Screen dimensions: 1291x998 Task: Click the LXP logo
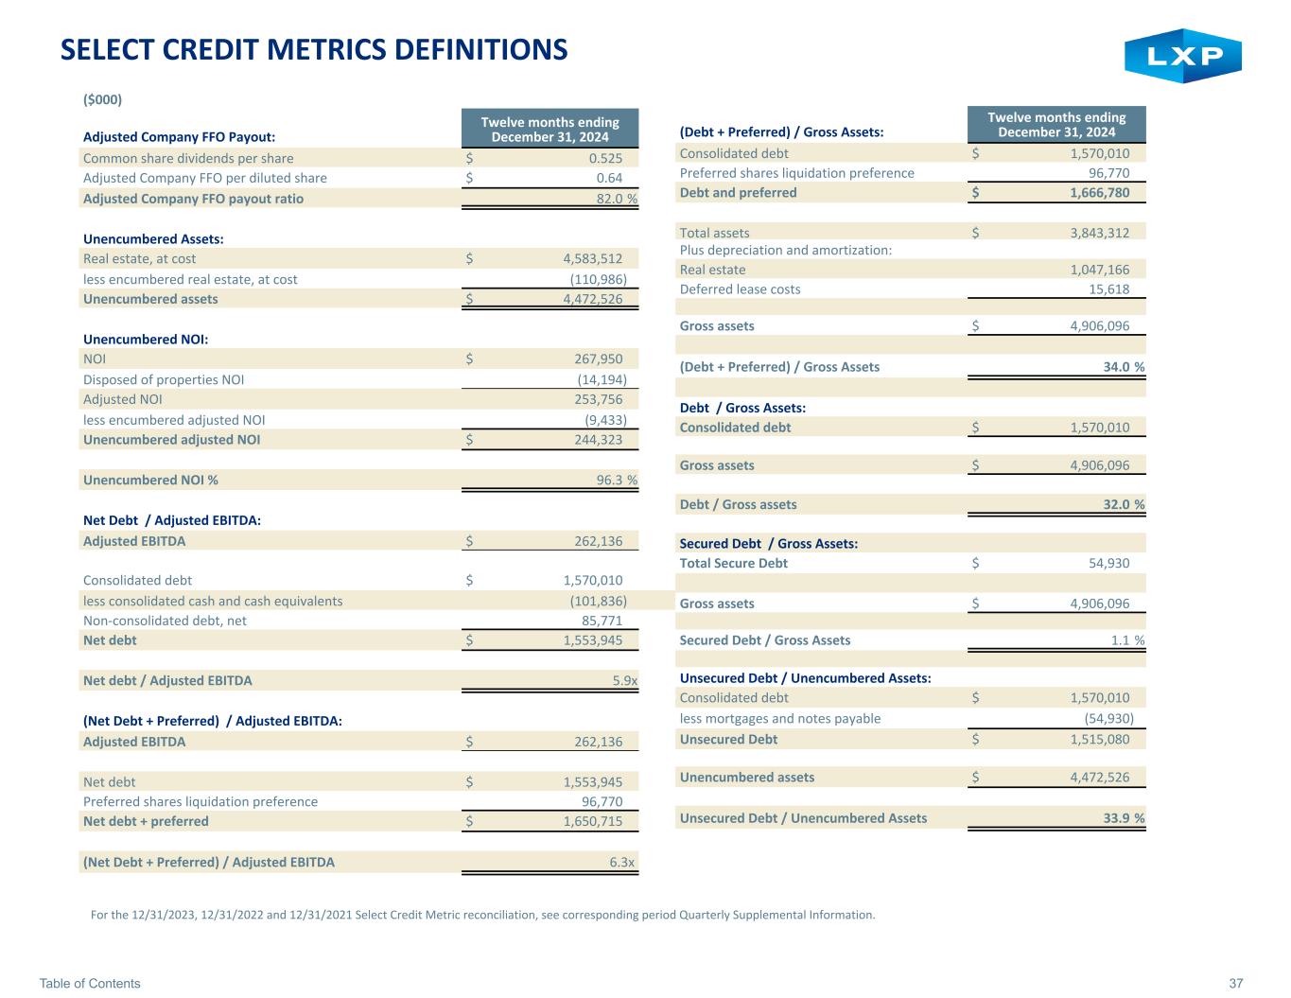pyautogui.click(x=1182, y=55)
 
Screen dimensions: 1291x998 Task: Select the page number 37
pyautogui.click(x=1236, y=983)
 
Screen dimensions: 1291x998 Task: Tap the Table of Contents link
pyautogui.click(x=90, y=983)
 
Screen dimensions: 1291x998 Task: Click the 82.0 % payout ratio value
pyautogui.click(x=617, y=199)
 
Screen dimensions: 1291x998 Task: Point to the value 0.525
pyautogui.click(x=605, y=158)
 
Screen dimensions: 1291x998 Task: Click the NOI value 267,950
pyautogui.click(x=599, y=359)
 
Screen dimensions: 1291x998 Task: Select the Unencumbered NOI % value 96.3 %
pyautogui.click(x=617, y=480)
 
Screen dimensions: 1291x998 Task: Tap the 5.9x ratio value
pyautogui.click(x=625, y=680)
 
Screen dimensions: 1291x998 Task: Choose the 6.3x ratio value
pyautogui.click(x=622, y=862)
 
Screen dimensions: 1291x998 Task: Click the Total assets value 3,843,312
pyautogui.click(x=1100, y=233)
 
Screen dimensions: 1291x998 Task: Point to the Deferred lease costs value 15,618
pyautogui.click(x=1109, y=289)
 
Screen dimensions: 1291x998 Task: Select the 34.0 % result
pyautogui.click(x=1124, y=366)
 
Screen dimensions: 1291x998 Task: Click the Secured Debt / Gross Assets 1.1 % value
pyautogui.click(x=1127, y=639)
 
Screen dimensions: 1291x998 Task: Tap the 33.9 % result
pyautogui.click(x=1124, y=818)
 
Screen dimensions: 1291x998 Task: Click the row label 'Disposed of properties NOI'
pyautogui.click(x=164, y=379)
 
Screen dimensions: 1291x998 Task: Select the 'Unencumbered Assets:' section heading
pyautogui.click(x=153, y=238)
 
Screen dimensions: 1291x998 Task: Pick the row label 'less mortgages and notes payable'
pyautogui.click(x=780, y=718)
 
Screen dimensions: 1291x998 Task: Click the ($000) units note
pyautogui.click(x=102, y=99)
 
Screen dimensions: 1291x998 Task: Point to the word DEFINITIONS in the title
pyautogui.click(x=480, y=49)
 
